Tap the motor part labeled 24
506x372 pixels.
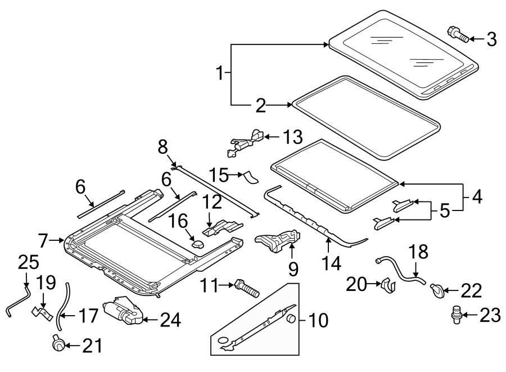[123, 312]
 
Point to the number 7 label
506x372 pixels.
[44, 241]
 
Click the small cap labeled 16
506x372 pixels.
[198, 243]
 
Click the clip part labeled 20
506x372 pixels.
[388, 285]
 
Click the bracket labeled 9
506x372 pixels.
[277, 241]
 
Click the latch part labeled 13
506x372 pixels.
[246, 142]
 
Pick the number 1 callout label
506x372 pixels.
[222, 72]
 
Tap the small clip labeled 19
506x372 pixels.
[42, 311]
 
